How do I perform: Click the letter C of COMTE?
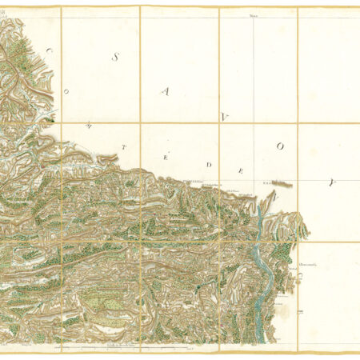click(48, 51)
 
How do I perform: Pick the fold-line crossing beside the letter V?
click(220, 123)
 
